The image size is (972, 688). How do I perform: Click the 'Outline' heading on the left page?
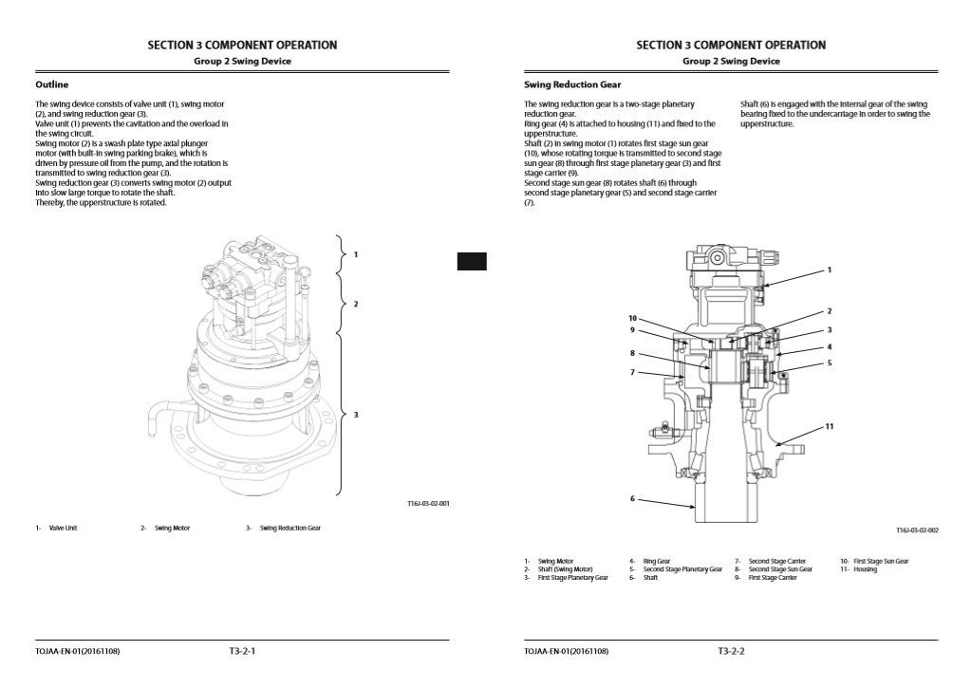point(51,84)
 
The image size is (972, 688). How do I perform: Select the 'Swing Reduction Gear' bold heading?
point(572,84)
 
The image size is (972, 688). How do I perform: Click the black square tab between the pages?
point(472,262)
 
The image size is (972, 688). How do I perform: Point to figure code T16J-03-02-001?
point(421,504)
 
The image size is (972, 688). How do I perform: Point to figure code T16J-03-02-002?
point(917,531)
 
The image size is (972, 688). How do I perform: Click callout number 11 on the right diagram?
point(829,427)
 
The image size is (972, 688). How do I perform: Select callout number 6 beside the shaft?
point(632,498)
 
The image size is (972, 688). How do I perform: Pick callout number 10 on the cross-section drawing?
point(632,318)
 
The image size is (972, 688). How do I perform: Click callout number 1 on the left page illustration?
point(356,254)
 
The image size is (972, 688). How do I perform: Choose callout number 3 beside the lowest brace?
point(356,415)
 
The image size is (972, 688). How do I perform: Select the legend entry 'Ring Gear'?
point(656,561)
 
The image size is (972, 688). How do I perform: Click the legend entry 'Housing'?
point(865,569)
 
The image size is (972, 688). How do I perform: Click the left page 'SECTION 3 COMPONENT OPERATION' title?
point(242,45)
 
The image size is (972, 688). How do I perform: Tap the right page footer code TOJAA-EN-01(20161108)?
point(566,652)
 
